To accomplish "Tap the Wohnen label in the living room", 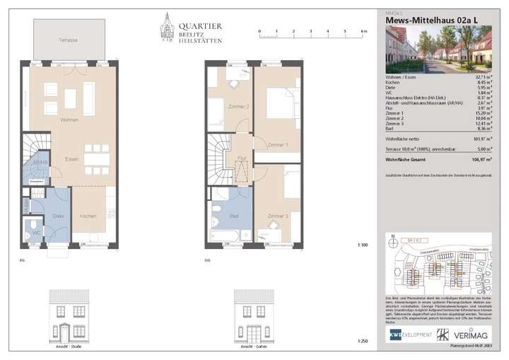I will (69, 120).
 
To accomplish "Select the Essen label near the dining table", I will (71, 159).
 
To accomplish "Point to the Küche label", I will (88, 215).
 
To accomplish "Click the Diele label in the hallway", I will (58, 215).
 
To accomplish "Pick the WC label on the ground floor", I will (36, 232).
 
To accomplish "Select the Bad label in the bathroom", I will (234, 215).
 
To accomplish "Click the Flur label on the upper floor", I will (241, 158).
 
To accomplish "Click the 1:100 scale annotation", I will (363, 245).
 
